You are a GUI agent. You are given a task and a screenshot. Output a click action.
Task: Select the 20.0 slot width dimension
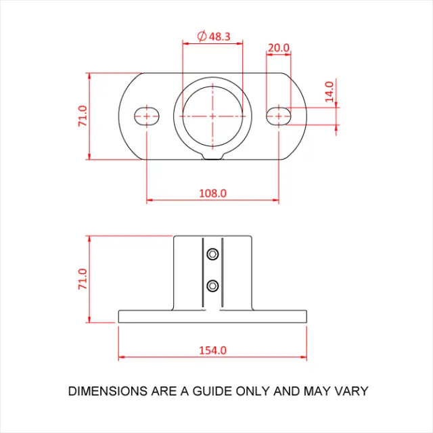[278, 48]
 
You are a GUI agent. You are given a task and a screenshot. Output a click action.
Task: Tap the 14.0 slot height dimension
[329, 91]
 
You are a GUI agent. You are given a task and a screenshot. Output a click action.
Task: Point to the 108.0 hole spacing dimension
[212, 193]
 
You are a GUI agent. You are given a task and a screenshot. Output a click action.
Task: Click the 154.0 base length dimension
[212, 350]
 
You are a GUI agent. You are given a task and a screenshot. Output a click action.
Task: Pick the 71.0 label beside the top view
[83, 116]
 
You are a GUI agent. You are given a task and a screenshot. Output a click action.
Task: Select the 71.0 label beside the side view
[83, 279]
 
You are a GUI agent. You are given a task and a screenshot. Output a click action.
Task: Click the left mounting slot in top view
[147, 116]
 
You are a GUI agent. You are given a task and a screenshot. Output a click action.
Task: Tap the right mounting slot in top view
[279, 116]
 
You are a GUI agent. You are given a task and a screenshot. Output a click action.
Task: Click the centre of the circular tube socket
[212, 116]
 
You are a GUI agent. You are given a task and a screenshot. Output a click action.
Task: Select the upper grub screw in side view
[213, 254]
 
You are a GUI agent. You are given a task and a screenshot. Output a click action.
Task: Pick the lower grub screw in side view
[213, 286]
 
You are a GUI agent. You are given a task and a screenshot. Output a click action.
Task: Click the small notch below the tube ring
[213, 158]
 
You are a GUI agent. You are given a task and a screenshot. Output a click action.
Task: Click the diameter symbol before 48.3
[201, 37]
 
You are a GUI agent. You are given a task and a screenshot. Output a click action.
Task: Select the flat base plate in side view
[212, 317]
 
